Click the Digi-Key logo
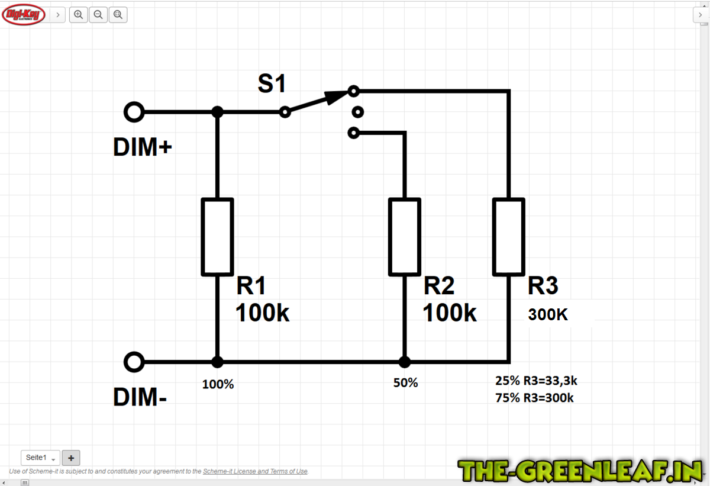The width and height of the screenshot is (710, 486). [x=24, y=15]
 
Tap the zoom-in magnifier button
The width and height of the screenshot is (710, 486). [x=78, y=15]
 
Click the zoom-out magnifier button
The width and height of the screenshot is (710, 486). [x=98, y=15]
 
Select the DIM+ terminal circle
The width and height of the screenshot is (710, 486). [x=134, y=112]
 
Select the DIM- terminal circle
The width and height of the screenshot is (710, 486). [x=134, y=362]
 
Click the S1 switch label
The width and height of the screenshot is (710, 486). [x=272, y=83]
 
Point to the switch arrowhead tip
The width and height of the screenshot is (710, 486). [x=348, y=91]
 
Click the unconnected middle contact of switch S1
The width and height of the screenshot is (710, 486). [x=358, y=112]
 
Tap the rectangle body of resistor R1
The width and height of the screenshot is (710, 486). [x=218, y=237]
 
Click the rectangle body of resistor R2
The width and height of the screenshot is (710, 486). [x=405, y=237]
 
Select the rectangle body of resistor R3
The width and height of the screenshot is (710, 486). [x=509, y=237]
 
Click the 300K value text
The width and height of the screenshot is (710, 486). [x=548, y=314]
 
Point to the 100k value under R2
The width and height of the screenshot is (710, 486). [x=450, y=313]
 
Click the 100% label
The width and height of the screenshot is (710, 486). [x=218, y=384]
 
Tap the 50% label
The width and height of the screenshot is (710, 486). [x=405, y=382]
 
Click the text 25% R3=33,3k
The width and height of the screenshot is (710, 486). [x=536, y=381]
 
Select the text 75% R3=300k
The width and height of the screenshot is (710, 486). [x=534, y=398]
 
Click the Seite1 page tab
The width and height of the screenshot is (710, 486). [x=40, y=458]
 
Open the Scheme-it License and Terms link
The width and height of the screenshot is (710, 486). [x=255, y=471]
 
